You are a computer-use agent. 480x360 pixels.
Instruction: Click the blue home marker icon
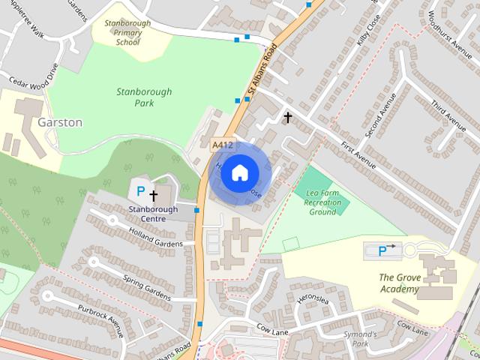(x=238, y=172)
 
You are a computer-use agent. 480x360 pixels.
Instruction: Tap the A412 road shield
(x=221, y=145)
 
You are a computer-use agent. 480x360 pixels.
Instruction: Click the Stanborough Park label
(x=144, y=97)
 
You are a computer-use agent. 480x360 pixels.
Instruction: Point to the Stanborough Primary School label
(x=127, y=33)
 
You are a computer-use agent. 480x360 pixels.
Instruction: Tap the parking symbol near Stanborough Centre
(x=139, y=192)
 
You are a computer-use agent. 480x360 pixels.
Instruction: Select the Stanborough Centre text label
(x=153, y=214)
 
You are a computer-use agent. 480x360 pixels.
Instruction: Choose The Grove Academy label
(x=399, y=283)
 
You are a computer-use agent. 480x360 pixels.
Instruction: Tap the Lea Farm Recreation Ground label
(x=324, y=202)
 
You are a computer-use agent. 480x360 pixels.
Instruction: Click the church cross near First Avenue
(x=286, y=116)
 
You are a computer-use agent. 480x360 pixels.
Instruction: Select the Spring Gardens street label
(x=148, y=284)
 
